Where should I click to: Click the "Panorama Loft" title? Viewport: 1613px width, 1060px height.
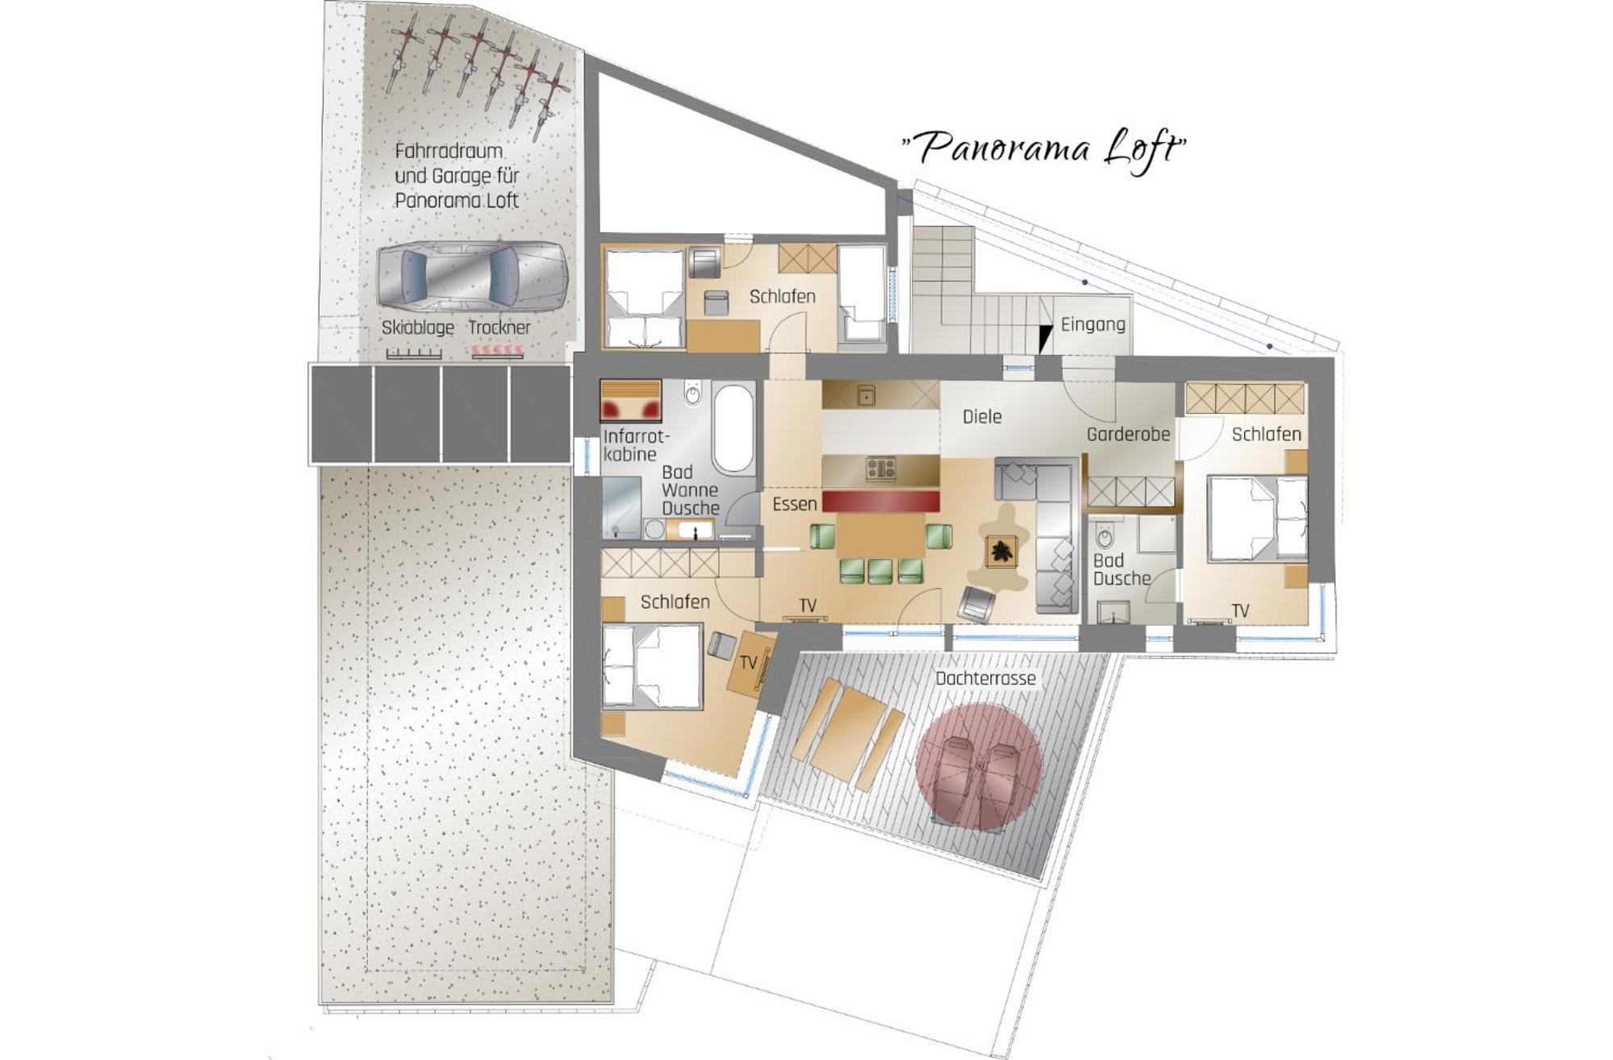click(1043, 149)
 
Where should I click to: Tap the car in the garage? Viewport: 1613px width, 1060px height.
click(472, 276)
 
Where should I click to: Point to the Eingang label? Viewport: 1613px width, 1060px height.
click(1093, 324)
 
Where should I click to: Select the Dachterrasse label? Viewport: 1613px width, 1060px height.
click(985, 678)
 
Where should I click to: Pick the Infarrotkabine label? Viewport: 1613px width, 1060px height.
click(636, 445)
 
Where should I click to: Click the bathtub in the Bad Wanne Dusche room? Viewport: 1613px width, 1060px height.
click(733, 428)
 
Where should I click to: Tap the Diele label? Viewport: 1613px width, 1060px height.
click(982, 417)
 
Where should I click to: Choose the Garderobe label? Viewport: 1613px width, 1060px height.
click(1128, 435)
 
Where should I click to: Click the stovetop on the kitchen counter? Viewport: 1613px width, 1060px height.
click(880, 468)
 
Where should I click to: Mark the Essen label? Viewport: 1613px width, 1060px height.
click(795, 504)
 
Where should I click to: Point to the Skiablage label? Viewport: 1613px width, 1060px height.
click(417, 328)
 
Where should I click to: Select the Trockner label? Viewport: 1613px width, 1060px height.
click(499, 328)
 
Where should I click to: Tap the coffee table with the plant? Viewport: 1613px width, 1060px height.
click(1001, 552)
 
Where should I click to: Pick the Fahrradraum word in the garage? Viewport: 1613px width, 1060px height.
click(449, 151)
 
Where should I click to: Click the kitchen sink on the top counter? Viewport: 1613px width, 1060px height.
click(866, 395)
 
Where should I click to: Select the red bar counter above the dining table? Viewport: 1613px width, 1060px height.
click(880, 500)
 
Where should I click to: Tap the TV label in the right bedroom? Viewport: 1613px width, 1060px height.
click(1240, 611)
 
